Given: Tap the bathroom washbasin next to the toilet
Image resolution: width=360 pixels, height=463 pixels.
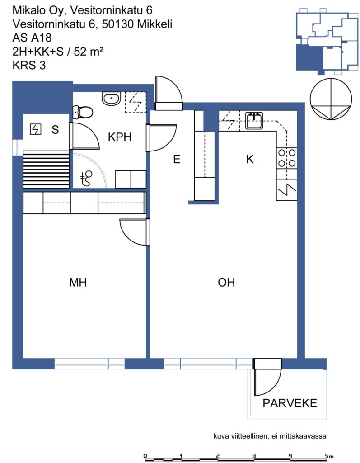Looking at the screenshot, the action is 112,98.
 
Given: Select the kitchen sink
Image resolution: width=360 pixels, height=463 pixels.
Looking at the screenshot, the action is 254,120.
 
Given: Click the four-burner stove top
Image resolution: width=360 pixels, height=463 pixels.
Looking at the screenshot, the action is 286,158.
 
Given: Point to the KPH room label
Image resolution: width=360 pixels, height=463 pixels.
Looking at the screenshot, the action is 120,137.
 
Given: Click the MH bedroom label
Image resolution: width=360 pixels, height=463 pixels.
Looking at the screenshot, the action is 78,282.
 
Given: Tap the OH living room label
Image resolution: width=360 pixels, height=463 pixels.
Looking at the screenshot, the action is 226,282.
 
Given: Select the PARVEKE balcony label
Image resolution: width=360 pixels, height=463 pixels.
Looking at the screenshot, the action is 290,403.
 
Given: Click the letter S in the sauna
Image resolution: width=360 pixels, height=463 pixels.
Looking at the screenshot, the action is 55,130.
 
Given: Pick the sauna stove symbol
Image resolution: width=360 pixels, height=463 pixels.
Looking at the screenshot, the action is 36,129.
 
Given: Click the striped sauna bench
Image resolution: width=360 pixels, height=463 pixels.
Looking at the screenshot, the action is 47,169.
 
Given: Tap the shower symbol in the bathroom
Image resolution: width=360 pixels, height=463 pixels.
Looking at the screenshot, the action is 86,178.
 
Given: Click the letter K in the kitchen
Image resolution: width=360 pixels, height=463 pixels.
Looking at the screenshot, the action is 250,159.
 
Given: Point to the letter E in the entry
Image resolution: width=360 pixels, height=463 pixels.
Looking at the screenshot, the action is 177,159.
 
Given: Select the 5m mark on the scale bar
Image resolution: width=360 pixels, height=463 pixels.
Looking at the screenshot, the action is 329,456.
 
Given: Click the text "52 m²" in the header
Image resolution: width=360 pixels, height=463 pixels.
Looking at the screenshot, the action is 89,52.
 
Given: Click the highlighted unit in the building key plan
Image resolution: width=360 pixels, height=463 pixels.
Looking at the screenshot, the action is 309,57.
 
